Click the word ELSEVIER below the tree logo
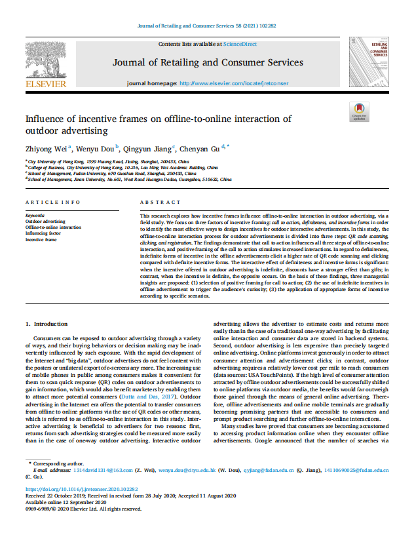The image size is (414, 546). point(45,85)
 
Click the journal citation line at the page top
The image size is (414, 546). point(206,25)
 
